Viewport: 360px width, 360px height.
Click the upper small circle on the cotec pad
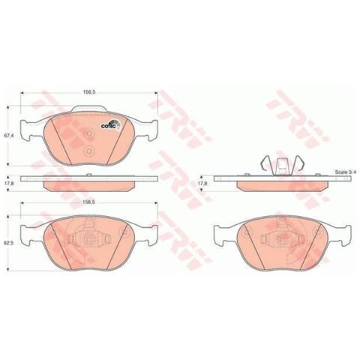[x=88, y=134]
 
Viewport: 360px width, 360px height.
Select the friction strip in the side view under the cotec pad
[x=88, y=184]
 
